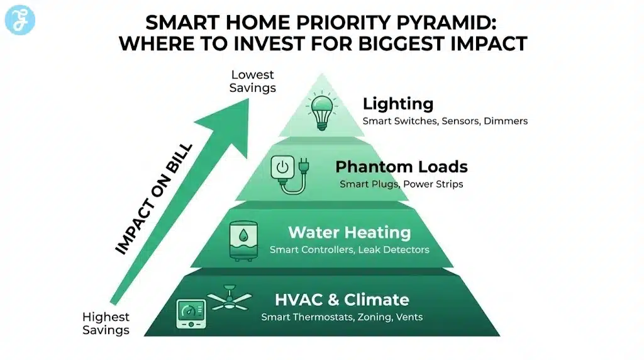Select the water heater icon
(244, 241)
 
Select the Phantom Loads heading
(401, 167)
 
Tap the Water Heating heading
(349, 232)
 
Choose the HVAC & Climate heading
(342, 300)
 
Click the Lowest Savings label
(252, 82)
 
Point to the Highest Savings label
(106, 323)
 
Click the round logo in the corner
(19, 20)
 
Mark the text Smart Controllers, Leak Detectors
(349, 250)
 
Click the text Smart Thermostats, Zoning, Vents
(341, 317)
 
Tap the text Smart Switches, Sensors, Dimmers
(445, 120)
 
